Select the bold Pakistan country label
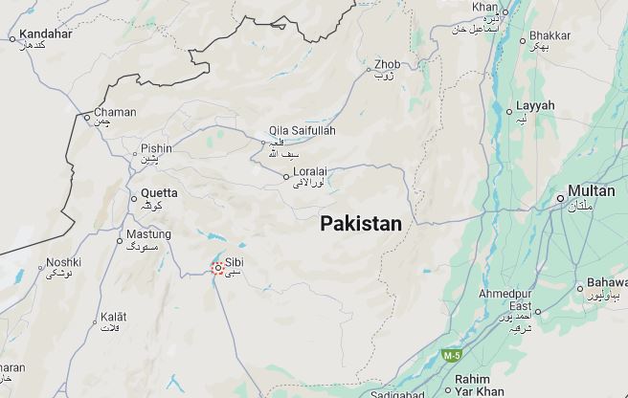(x=360, y=224)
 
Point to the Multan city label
(x=591, y=190)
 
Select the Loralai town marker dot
(x=286, y=176)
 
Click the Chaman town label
(x=116, y=112)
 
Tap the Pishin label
(x=156, y=148)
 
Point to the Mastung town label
(x=149, y=233)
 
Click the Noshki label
(x=63, y=262)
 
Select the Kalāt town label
(x=114, y=316)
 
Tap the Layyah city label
(x=535, y=105)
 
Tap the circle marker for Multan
(x=561, y=198)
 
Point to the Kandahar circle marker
(x=12, y=38)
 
